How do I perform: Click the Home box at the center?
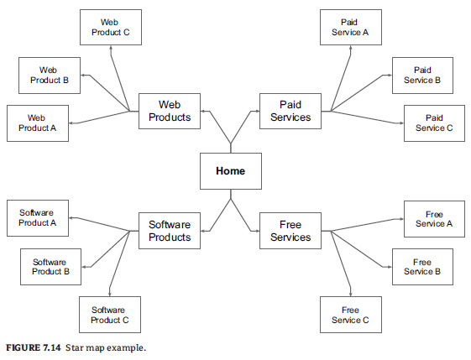(231, 171)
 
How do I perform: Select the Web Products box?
(170, 111)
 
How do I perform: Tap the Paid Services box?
(290, 111)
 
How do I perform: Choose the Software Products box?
(170, 231)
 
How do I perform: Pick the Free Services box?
(290, 231)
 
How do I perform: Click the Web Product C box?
(111, 28)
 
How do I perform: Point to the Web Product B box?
(50, 76)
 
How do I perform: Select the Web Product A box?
(38, 123)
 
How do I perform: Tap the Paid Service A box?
(351, 28)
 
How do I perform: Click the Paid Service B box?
(422, 76)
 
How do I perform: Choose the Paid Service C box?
(434, 123)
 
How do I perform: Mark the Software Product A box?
(38, 218)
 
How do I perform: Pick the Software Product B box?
(50, 267)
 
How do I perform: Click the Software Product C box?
(110, 315)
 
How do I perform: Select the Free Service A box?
(434, 219)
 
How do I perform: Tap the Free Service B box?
(422, 267)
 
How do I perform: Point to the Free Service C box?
(351, 315)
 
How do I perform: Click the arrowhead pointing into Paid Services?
(258, 111)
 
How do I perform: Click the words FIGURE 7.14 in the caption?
(34, 347)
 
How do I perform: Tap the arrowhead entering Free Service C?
(351, 295)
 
